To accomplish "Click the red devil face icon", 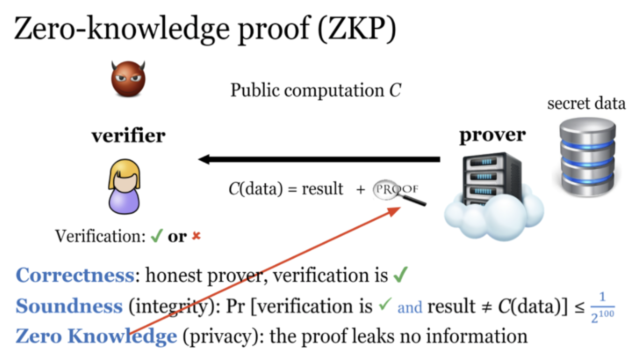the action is [128, 79].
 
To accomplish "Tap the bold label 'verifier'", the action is [128, 135].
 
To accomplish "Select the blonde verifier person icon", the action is [124, 186].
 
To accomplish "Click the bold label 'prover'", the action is [492, 135].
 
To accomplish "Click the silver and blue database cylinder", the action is [587, 157].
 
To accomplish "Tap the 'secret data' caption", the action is [586, 103].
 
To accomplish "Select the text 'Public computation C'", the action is [315, 90].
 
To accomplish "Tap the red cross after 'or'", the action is [196, 236].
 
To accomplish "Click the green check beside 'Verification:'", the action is [156, 235].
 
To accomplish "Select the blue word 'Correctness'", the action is [75, 275].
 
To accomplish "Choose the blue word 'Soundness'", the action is [69, 306].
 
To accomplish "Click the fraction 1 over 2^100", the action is [602, 307].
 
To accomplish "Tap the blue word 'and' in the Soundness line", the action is [409, 307].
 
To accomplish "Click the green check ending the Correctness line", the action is [400, 274].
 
